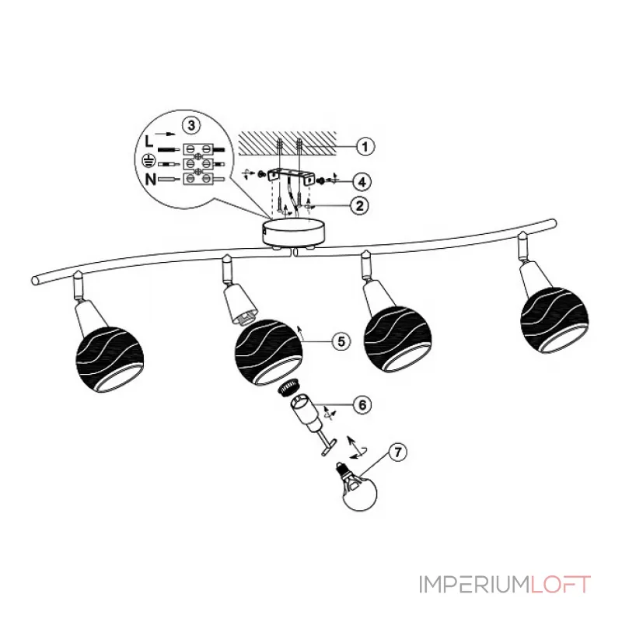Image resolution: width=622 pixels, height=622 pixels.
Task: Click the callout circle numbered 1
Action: coord(362,145)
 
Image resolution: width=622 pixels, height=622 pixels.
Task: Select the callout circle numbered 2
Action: coord(359,205)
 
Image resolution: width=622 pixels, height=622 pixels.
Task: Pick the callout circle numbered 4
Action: coord(359,180)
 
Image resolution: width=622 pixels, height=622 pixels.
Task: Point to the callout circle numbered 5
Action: coord(339,340)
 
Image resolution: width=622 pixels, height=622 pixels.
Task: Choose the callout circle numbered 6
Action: coord(362,404)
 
